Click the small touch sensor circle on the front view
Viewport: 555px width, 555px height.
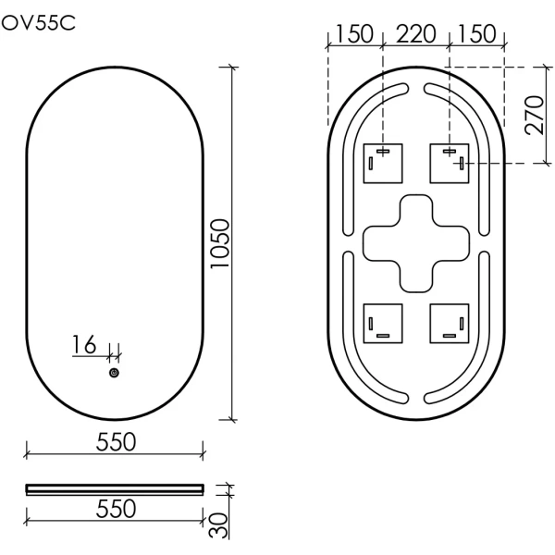pos(114,373)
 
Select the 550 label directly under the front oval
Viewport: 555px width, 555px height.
pos(116,441)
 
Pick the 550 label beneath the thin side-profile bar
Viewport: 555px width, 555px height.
pos(116,508)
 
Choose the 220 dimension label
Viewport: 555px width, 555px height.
pos(415,34)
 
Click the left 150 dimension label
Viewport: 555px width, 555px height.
pos(354,34)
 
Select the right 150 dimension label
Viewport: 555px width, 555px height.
pos(477,34)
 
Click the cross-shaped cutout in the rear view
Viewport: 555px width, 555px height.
pos(416,242)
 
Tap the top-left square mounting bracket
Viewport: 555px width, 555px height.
pos(383,163)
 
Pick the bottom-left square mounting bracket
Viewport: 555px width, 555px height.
pos(383,322)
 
